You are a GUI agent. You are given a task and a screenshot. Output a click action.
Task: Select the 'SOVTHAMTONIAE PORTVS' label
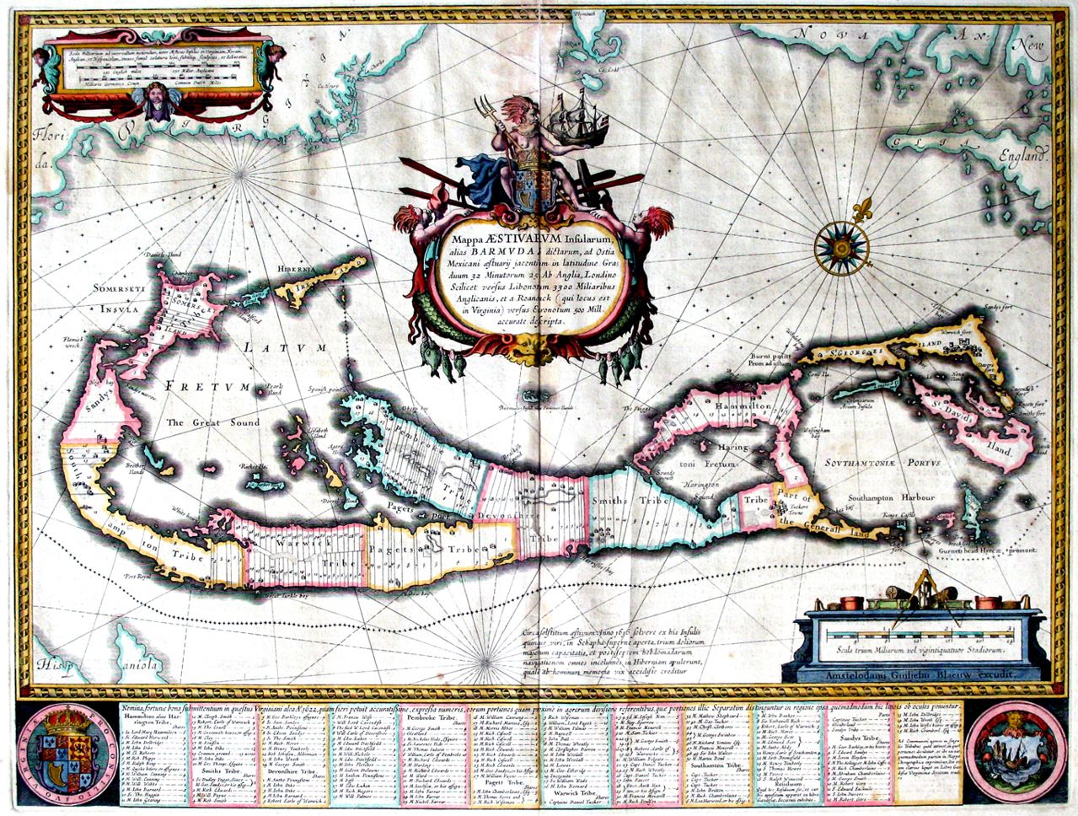904,462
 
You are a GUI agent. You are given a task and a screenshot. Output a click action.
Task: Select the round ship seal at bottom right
1014,749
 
